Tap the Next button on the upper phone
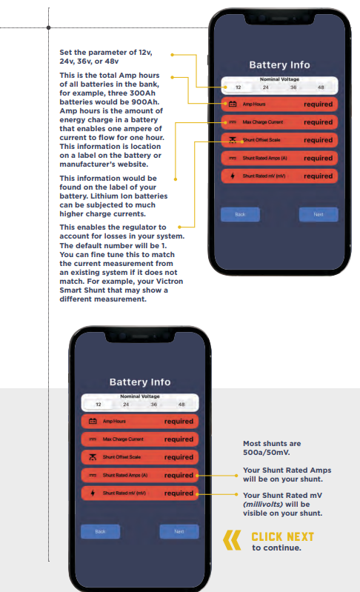coord(319,214)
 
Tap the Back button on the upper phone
coord(240,214)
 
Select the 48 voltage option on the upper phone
coord(321,87)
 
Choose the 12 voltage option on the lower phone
coord(98,405)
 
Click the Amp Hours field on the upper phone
coord(279,104)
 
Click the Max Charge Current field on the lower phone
coord(139,439)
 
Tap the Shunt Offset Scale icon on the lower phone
coord(93,457)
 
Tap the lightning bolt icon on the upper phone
coord(233,176)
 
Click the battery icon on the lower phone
coord(93,421)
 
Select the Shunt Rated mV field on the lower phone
coord(139,493)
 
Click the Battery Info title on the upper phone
coord(279,65)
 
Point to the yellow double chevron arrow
coord(232,540)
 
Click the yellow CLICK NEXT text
coord(283,536)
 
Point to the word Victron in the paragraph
coord(169,282)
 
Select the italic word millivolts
coord(263,505)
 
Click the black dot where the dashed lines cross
coord(49,27)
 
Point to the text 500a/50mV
coord(267,452)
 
